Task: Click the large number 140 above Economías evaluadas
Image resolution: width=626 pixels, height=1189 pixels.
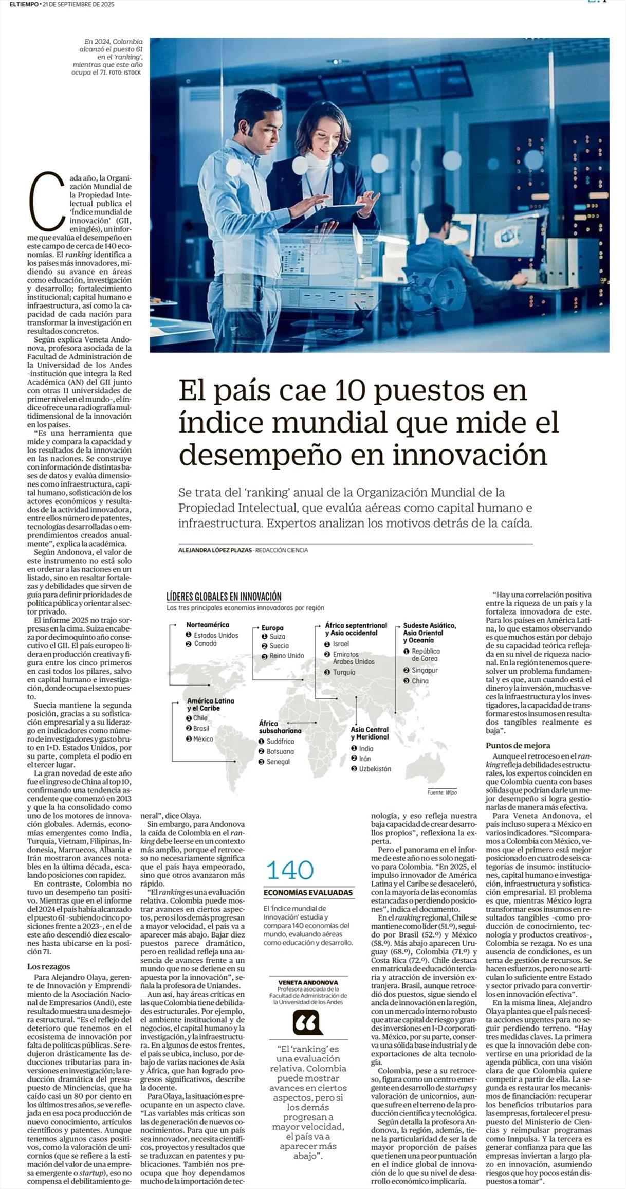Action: [290, 870]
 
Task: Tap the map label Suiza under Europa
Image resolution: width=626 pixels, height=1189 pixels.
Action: [277, 637]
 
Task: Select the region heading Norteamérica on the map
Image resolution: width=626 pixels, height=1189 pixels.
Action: [208, 624]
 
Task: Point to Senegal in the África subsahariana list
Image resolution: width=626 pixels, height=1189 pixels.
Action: [278, 762]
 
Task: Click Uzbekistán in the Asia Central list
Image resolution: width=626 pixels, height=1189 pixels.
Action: [375, 769]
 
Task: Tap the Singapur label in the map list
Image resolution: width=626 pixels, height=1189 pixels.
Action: [424, 671]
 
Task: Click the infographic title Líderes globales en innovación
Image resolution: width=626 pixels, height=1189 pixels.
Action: [224, 597]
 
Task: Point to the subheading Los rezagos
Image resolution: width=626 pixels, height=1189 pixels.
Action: [48, 967]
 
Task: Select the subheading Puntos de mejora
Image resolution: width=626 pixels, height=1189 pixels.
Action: [518, 745]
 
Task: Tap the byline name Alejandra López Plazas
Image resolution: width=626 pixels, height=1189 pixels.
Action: [215, 550]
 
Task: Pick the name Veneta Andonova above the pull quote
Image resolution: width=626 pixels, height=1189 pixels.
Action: [308, 982]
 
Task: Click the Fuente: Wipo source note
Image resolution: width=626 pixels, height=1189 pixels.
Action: [442, 792]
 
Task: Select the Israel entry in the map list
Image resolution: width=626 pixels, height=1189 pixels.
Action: [340, 644]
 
